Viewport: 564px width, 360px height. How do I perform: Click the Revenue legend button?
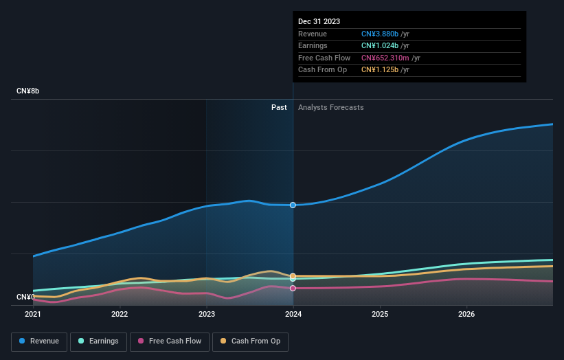[39, 341]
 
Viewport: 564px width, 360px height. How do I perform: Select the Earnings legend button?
[98, 341]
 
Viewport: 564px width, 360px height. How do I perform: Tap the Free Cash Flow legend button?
[169, 341]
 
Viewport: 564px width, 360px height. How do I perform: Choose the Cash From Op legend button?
[250, 341]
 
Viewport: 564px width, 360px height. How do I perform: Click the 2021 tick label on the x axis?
[33, 315]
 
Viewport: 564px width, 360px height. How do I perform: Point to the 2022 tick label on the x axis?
[120, 315]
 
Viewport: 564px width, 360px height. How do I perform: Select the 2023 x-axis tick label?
[206, 315]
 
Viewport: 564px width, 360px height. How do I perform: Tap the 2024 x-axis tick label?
[293, 315]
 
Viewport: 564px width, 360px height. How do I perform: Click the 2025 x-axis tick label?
[380, 315]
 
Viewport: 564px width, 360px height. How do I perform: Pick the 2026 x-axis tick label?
[466, 315]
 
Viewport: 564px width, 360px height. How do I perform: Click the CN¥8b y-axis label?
[28, 91]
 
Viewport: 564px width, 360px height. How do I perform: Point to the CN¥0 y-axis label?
[25, 297]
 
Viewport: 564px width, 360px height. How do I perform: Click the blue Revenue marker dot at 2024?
[293, 205]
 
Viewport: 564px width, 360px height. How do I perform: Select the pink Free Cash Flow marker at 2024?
[293, 288]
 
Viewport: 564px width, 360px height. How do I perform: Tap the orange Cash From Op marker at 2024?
[293, 275]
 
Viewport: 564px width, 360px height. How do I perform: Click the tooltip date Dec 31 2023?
[319, 22]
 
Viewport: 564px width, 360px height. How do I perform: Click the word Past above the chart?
[279, 107]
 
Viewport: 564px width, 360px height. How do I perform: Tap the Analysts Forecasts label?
[330, 107]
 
